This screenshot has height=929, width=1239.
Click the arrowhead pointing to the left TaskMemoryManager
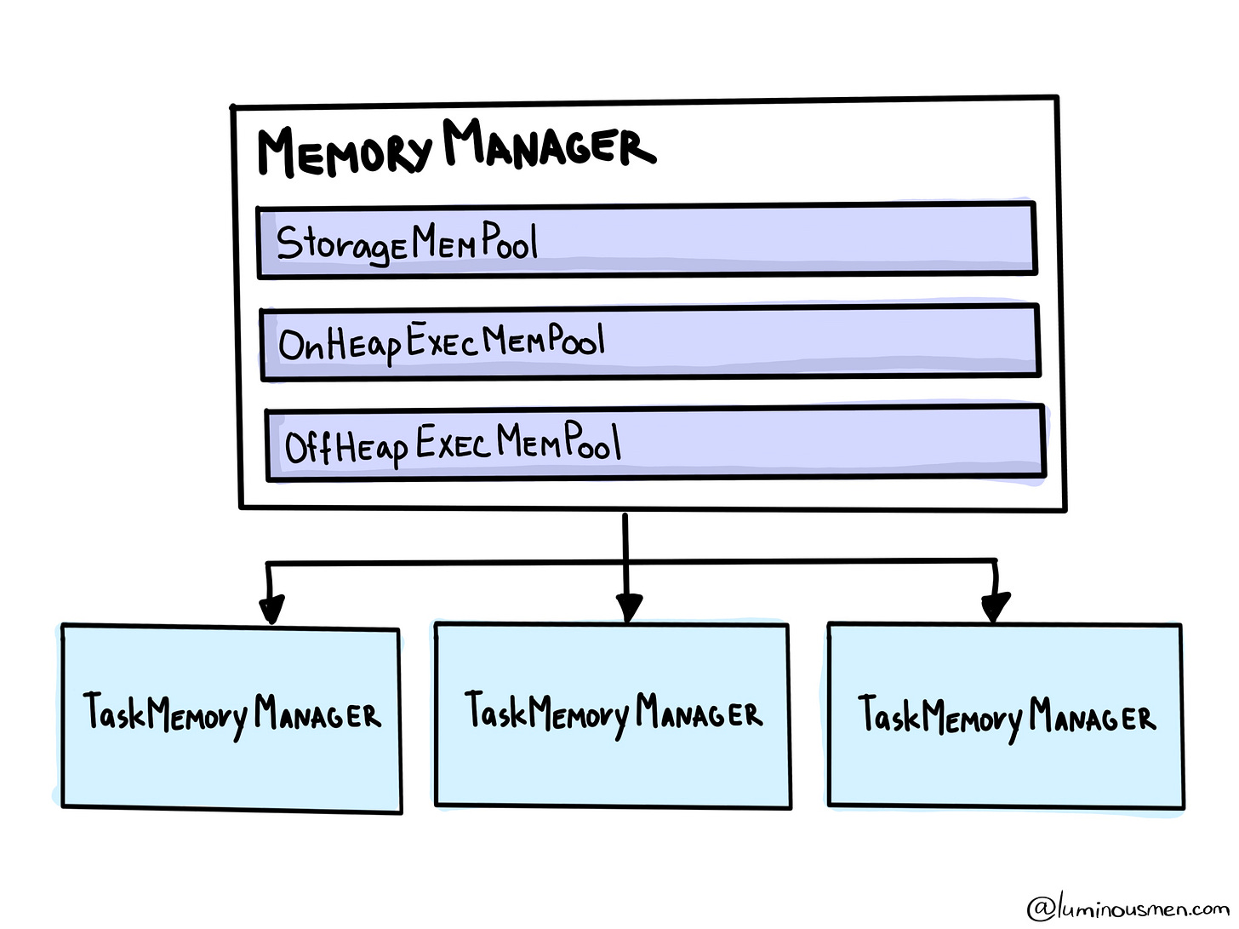pyautogui.click(x=271, y=609)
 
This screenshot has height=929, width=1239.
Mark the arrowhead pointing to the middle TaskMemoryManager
pyautogui.click(x=629, y=608)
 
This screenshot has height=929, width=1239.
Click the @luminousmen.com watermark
pyautogui.click(x=1128, y=908)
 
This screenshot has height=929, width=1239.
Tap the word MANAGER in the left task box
pyautogui.click(x=317, y=714)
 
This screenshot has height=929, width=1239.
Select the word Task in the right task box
pyautogui.click(x=888, y=714)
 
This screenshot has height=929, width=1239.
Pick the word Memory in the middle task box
pyautogui.click(x=579, y=714)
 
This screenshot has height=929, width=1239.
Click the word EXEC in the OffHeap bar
pyautogui.click(x=452, y=444)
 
